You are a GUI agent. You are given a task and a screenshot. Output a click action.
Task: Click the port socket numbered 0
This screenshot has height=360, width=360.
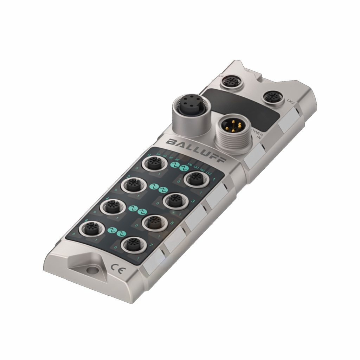[154, 163]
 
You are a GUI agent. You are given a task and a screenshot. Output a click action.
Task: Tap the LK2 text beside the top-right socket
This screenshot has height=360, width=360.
[290, 101]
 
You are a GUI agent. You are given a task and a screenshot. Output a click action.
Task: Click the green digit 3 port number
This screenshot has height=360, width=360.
[193, 201]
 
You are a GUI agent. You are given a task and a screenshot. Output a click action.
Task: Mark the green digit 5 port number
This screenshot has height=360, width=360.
[172, 223]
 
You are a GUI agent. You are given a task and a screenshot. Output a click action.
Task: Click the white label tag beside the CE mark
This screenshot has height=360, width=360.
[152, 268]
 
